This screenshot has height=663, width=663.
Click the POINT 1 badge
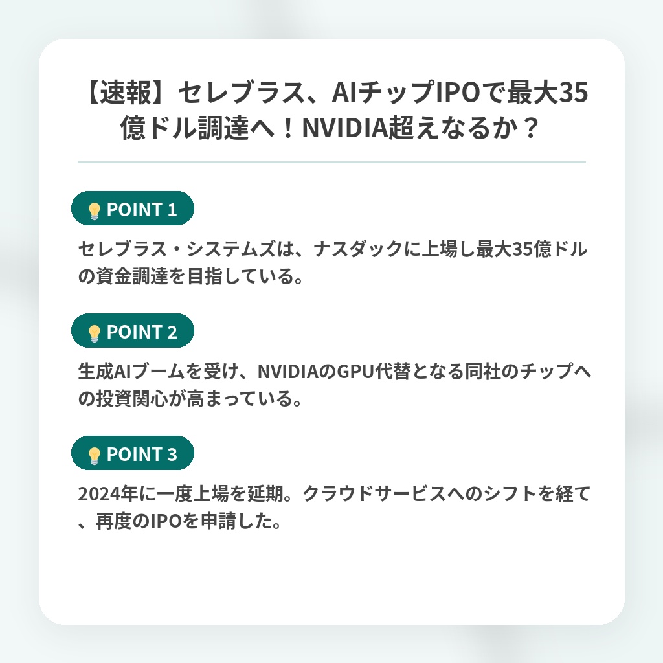tap(132, 208)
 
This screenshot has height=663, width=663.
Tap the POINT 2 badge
tap(132, 331)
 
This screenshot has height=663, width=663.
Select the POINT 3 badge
tap(132, 453)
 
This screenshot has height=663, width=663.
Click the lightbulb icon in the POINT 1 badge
tap(94, 210)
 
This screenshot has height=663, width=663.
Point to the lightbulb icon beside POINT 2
tap(94, 333)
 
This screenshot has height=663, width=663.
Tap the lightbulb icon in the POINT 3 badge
tap(94, 455)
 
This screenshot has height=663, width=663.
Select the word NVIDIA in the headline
tap(344, 128)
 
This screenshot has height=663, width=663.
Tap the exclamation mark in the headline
tap(288, 128)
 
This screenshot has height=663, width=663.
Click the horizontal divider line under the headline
tap(331, 162)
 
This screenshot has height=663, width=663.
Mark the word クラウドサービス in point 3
tap(374, 494)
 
